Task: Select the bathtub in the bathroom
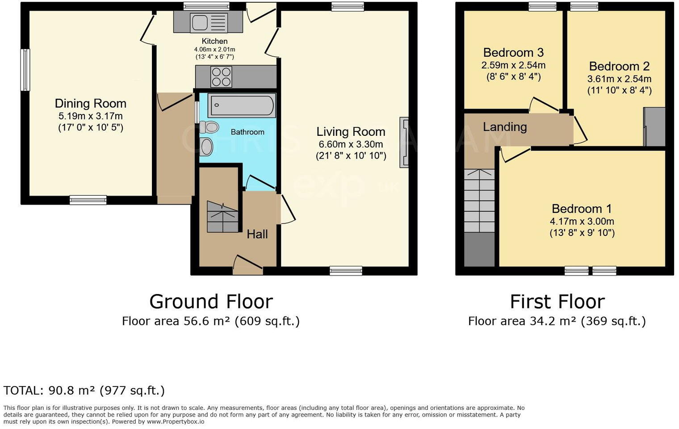[242, 106]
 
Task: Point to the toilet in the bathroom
[209, 127]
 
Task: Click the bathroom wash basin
[206, 146]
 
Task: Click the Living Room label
[351, 132]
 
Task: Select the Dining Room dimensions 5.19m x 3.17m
[90, 116]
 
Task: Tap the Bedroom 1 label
[582, 209]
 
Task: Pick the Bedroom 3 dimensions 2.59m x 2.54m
[513, 65]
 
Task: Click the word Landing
[505, 127]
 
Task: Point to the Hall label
[257, 234]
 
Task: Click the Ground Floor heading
[211, 302]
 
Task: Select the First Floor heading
[557, 302]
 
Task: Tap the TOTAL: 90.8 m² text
[84, 391]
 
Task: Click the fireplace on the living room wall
[404, 143]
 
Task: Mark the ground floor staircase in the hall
[222, 217]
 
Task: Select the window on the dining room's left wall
[25, 70]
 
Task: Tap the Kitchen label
[214, 41]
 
